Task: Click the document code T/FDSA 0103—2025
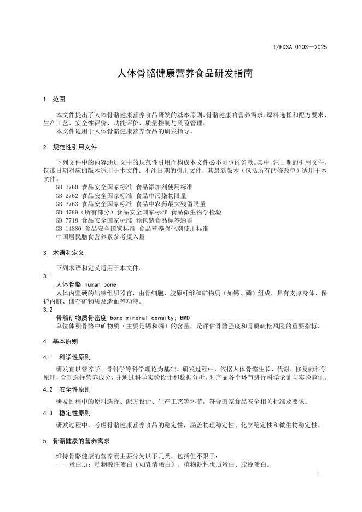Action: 300,47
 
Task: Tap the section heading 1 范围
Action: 54,100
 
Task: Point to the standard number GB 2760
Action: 67,187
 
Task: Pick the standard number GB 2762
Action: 67,195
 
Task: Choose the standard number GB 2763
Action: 67,203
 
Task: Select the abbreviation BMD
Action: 185,317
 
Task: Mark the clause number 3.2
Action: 47,309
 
